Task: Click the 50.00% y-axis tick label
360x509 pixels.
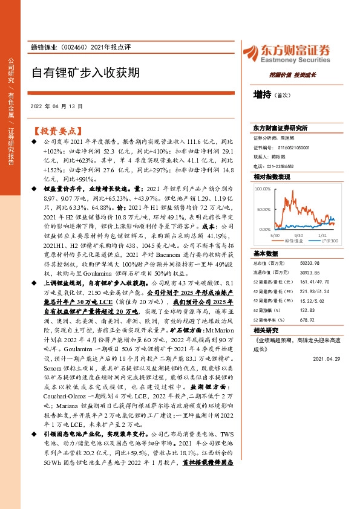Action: coord(263,209)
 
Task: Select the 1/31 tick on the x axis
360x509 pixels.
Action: coord(322,235)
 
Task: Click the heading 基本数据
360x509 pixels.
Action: coord(265,254)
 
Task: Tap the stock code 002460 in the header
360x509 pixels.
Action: coord(74,47)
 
